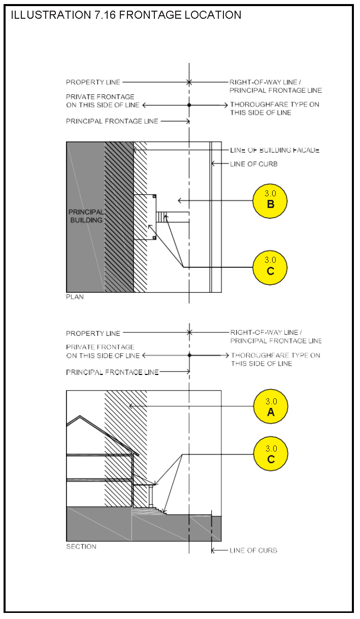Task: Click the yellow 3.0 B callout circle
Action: pos(270,201)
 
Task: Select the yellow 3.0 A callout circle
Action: pos(271,406)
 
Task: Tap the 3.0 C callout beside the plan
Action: pos(270,267)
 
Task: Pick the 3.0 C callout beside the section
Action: pos(271,454)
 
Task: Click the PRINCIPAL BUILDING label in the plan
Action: pos(86,216)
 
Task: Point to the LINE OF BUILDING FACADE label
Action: pos(275,150)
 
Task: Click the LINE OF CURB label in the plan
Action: pos(254,164)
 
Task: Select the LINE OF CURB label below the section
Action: pos(253,551)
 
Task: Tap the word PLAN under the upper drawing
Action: pos(75,297)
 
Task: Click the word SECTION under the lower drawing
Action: pos(81,546)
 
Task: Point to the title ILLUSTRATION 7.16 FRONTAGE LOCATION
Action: pos(126,15)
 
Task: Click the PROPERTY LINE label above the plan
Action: pos(93,82)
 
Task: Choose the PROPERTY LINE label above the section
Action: pos(93,333)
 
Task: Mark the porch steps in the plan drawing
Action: pos(162,218)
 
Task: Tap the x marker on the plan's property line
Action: pos(189,82)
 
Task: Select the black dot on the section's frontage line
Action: pos(189,355)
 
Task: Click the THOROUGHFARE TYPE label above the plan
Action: pos(275,109)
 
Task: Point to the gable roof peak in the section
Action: pos(80,416)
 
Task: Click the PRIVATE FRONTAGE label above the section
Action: pos(103,351)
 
